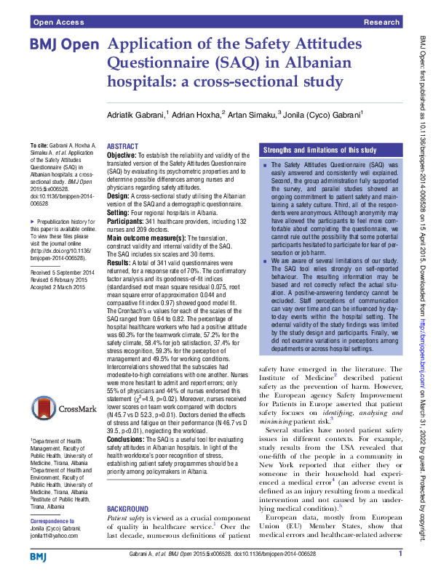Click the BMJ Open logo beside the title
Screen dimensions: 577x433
point(64,45)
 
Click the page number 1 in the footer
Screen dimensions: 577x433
point(400,554)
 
